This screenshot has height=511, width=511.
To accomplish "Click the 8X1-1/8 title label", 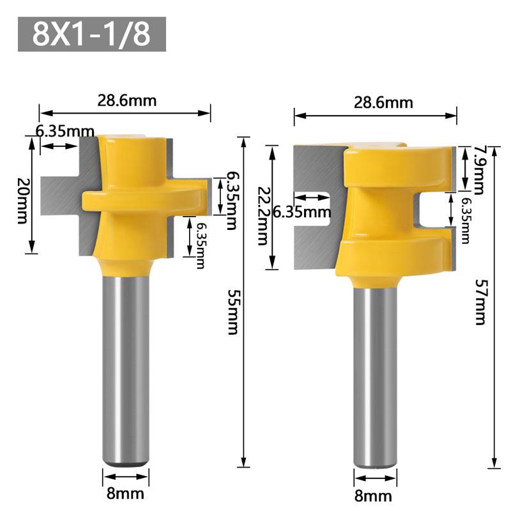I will click(92, 34).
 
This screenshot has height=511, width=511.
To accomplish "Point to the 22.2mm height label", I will click(262, 217).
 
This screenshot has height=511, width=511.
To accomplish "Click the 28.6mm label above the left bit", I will click(126, 100).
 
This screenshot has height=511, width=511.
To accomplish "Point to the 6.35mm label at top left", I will click(65, 132).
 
